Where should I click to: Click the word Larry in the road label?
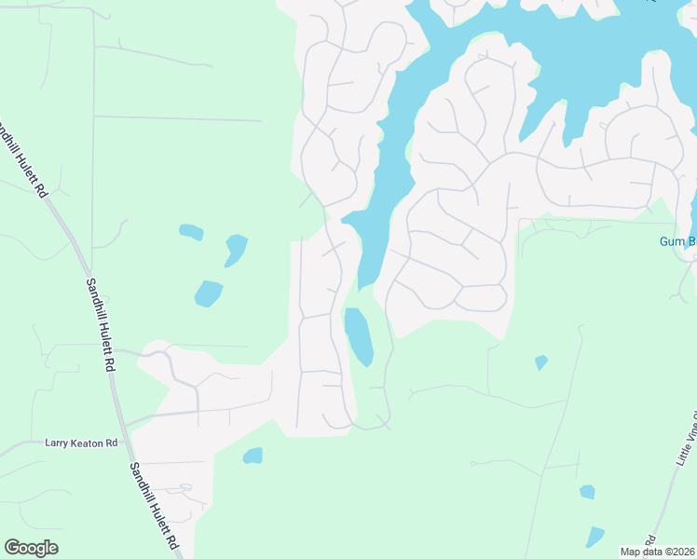56,443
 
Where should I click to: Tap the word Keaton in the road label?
88,443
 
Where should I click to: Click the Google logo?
31,547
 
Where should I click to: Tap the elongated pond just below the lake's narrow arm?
358,335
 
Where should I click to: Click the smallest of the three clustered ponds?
191,231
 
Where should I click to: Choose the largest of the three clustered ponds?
208,293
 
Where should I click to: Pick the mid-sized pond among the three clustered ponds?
236,249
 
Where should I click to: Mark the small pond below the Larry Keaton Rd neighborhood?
253,456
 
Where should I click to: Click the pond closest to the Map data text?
594,537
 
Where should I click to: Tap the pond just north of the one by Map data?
587,491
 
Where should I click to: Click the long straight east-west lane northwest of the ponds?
177,118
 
